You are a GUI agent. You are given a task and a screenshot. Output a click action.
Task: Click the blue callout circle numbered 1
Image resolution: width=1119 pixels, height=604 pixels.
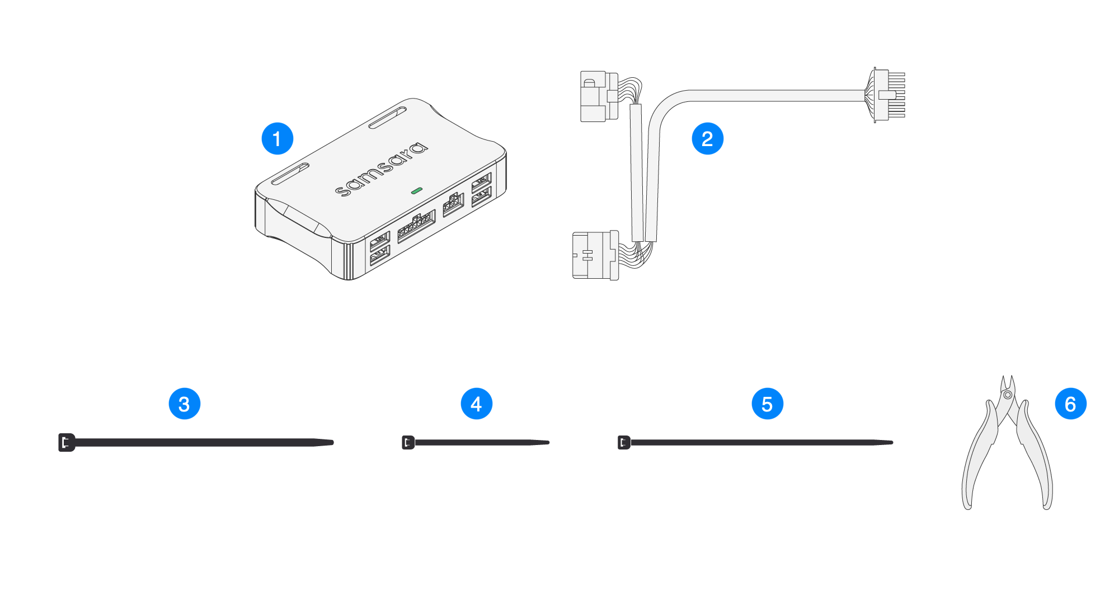click(278, 139)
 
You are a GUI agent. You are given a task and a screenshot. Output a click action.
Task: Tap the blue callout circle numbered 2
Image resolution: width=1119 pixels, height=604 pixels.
click(707, 139)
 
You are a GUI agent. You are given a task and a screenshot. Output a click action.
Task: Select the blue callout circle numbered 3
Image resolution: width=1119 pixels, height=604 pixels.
click(185, 404)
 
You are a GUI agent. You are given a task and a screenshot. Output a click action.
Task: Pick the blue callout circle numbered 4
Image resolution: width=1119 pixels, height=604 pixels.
click(476, 404)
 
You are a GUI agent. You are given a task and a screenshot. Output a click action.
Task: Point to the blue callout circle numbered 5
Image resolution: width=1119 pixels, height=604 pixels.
click(767, 404)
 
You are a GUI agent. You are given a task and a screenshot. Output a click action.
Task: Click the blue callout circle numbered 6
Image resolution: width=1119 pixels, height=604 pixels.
click(1070, 404)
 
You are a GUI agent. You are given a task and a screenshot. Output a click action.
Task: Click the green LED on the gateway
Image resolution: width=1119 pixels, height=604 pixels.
click(416, 191)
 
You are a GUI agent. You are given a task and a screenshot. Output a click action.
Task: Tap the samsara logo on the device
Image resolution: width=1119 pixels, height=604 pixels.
click(382, 169)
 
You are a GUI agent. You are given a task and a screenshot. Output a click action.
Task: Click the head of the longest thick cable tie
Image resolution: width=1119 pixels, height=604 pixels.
click(67, 442)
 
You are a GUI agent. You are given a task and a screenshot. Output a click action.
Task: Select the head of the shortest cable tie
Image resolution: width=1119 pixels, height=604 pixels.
click(408, 442)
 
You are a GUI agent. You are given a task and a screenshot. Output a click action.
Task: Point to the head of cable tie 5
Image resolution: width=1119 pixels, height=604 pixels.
click(624, 442)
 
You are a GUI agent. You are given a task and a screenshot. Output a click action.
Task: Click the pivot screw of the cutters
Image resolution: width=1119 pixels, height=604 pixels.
click(1008, 395)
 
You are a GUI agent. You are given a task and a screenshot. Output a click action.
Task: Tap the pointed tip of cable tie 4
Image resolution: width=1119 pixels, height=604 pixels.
click(547, 442)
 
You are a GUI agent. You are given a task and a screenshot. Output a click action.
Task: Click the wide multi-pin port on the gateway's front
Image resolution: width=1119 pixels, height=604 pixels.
click(416, 226)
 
